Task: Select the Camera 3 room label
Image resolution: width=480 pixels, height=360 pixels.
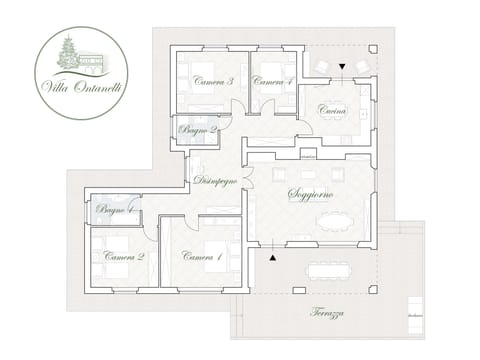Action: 213,82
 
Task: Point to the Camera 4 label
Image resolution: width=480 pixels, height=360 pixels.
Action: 272,82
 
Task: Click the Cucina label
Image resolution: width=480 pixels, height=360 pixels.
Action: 334,112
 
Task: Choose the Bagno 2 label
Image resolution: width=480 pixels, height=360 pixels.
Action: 197,130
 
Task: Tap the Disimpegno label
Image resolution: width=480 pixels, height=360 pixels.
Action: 215,181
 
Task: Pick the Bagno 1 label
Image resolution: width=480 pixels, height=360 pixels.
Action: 117,210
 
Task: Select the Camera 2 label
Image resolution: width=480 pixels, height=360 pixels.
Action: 125,257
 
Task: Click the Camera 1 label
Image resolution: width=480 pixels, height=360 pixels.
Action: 203,257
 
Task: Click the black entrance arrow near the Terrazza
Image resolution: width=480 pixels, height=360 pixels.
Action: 272,257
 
